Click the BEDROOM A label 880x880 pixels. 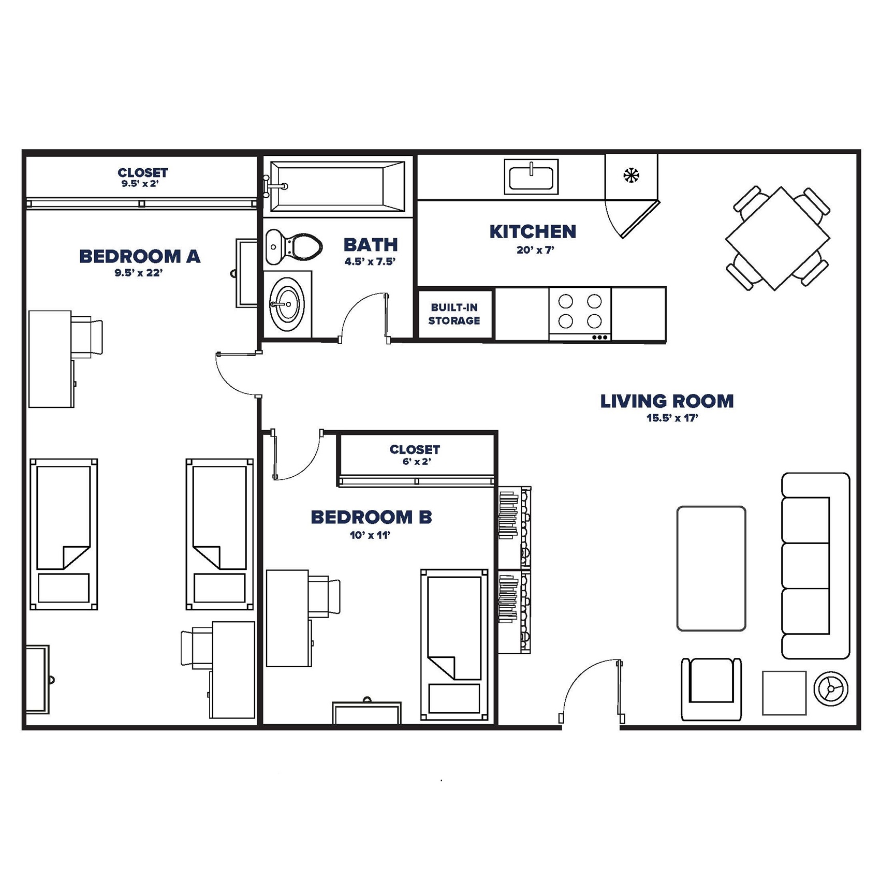(139, 256)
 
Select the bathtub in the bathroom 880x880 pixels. (337, 186)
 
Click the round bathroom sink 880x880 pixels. (286, 304)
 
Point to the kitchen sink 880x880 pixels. (531, 177)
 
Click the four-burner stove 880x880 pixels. (580, 313)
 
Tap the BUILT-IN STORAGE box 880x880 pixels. (454, 314)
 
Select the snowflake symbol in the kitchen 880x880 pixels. (631, 175)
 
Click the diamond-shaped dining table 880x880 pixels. (778, 239)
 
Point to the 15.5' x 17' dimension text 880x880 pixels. (672, 418)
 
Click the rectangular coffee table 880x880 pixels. (711, 568)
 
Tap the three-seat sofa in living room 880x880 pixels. (814, 566)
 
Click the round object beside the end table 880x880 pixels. (831, 689)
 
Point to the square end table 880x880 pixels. (784, 693)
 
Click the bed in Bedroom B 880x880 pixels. (454, 644)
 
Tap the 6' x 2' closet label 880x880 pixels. (416, 462)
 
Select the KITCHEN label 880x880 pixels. (533, 232)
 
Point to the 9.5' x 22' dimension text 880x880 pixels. (138, 273)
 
